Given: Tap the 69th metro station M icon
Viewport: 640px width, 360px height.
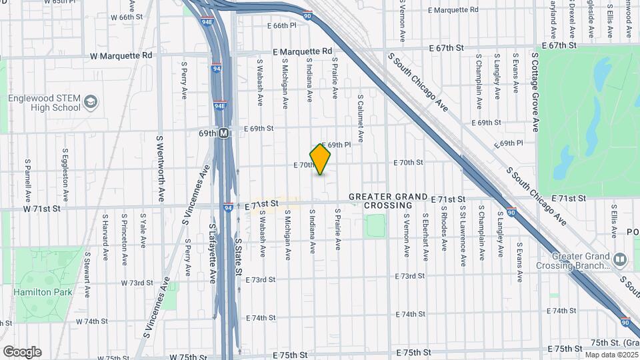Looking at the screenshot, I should tap(224, 133).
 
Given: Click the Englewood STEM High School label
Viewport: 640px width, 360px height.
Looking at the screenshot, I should tap(44, 103).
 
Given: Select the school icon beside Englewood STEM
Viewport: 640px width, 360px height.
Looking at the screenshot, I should tap(91, 102).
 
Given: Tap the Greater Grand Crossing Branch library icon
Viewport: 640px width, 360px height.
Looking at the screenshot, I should tap(619, 259).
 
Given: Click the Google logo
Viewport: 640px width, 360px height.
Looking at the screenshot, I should tap(22, 351).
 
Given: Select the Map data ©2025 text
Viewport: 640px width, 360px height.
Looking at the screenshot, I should tap(611, 355).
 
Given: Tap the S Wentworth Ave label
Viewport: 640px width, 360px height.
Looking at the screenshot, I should tap(161, 169).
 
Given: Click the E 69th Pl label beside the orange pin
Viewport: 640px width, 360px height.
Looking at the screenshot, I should tap(337, 145).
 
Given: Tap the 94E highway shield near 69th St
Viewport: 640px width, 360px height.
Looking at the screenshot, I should tap(220, 105).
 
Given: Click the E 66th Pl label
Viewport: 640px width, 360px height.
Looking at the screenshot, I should tap(281, 25).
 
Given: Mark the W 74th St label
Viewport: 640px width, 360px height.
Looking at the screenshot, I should tap(92, 321).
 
